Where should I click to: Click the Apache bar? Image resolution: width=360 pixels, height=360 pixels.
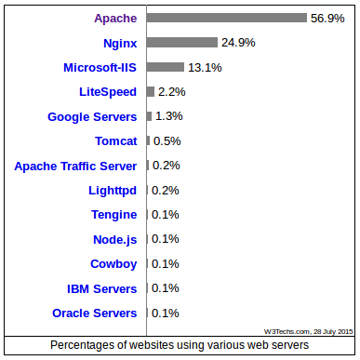point(227,18)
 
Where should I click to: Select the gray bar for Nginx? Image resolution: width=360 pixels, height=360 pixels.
point(182,42)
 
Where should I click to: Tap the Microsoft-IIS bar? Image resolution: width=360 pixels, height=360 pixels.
point(166,67)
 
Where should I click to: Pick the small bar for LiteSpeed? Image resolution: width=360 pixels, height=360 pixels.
point(150,91)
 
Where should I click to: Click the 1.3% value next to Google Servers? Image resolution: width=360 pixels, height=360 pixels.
point(168,116)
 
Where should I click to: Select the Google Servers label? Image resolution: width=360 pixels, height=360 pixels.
point(92,116)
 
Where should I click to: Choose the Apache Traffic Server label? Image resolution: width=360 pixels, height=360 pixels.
point(75,166)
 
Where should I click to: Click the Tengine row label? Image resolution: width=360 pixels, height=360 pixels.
point(113,215)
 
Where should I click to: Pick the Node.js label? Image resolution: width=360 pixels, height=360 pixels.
point(114,239)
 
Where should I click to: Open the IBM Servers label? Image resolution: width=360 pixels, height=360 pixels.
point(102,288)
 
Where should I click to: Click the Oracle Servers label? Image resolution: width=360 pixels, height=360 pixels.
point(95,313)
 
